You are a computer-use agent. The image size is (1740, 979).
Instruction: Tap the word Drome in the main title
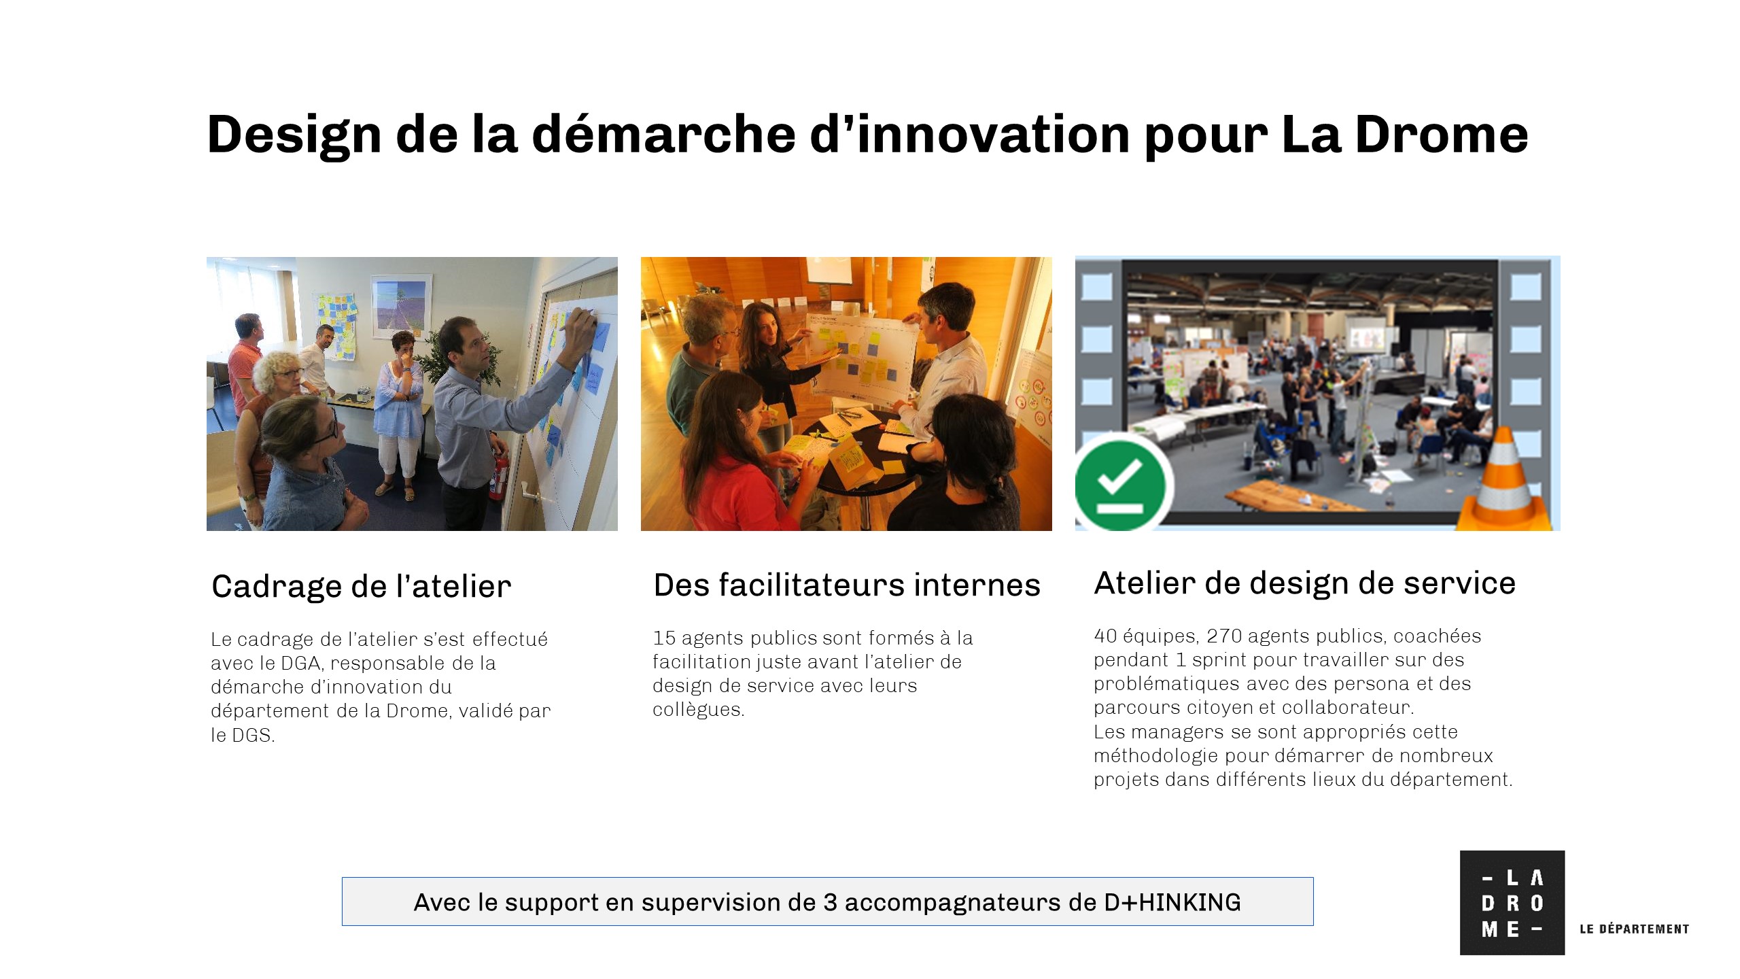click(1442, 134)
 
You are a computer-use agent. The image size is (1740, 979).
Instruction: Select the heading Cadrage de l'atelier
click(361, 586)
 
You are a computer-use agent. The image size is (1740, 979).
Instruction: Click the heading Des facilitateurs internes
click(847, 585)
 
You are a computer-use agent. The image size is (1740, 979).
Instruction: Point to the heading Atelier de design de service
click(1304, 583)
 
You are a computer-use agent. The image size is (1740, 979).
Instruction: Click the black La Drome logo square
click(1512, 903)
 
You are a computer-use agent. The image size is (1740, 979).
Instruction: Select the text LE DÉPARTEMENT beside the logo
click(1634, 929)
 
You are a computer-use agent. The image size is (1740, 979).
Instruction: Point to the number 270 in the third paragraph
click(1224, 636)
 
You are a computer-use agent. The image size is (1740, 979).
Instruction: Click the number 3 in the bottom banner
click(830, 902)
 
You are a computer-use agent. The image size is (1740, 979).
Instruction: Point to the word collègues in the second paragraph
click(698, 710)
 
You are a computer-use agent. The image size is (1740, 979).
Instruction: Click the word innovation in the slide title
click(991, 134)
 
